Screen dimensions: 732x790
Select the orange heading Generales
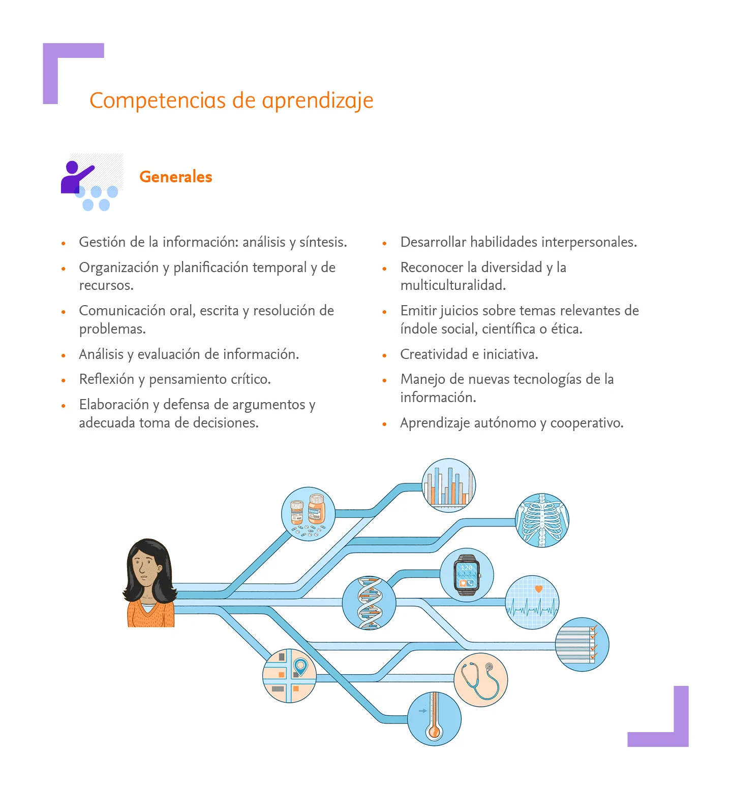pyautogui.click(x=175, y=177)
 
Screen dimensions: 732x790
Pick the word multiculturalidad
pyautogui.click(x=453, y=285)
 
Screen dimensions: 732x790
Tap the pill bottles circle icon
pyautogui.click(x=308, y=514)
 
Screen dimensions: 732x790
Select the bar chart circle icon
pyautogui.click(x=448, y=485)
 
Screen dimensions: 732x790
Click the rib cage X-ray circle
pyautogui.click(x=542, y=520)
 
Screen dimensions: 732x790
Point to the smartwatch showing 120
pyautogui.click(x=466, y=575)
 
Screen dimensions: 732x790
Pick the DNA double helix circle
pyautogui.click(x=369, y=603)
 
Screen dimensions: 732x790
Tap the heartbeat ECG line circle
pyautogui.click(x=532, y=602)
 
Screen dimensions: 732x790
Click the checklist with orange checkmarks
pyautogui.click(x=582, y=644)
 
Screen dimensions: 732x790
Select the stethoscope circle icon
pyautogui.click(x=480, y=680)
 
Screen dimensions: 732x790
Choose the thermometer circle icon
pyautogui.click(x=434, y=718)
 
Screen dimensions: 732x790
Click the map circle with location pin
pyautogui.click(x=289, y=675)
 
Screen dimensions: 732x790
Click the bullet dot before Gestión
pyautogui.click(x=64, y=243)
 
